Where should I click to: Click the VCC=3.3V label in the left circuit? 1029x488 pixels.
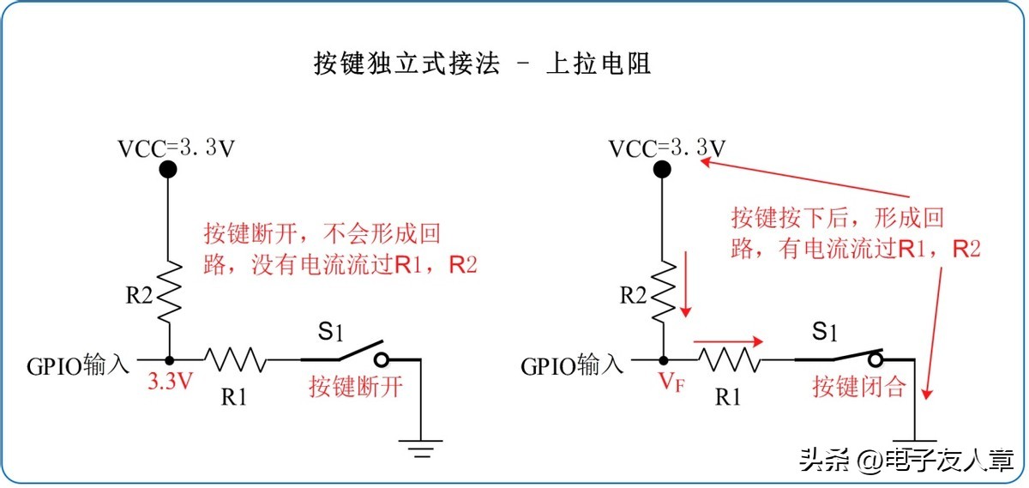click(176, 148)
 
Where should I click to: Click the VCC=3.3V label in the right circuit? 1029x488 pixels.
click(667, 148)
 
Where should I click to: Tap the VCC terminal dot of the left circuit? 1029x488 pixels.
click(169, 170)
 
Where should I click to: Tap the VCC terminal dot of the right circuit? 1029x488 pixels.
click(662, 170)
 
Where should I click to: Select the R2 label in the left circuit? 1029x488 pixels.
click(139, 297)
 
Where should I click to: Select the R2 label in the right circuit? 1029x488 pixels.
click(633, 297)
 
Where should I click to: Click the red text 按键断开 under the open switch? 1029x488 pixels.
click(356, 387)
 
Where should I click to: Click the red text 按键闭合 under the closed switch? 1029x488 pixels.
click(859, 387)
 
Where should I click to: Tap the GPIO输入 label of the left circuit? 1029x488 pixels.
click(77, 366)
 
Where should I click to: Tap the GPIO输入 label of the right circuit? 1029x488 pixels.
click(571, 366)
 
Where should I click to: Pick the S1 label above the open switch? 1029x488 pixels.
click(330, 330)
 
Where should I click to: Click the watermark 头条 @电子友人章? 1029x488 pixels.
click(906, 461)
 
